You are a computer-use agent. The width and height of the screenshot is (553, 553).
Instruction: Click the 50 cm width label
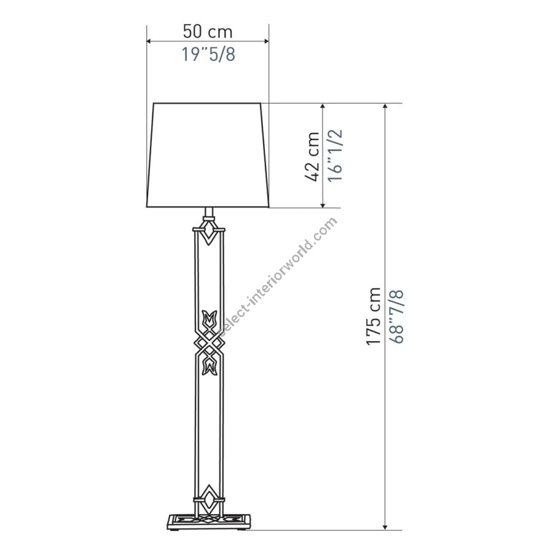[208, 32]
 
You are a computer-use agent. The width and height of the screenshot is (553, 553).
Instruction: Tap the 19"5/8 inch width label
[208, 54]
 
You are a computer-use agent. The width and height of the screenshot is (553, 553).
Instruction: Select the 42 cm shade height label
[312, 157]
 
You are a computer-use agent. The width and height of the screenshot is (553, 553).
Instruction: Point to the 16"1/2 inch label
[335, 155]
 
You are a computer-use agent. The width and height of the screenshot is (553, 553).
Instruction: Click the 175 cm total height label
[374, 316]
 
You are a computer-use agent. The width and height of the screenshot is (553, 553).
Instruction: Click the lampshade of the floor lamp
[208, 155]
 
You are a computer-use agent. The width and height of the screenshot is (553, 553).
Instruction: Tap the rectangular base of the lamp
[209, 522]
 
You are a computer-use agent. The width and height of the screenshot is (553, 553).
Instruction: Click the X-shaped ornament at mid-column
[210, 342]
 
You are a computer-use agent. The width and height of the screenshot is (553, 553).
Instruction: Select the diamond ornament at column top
[209, 232]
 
